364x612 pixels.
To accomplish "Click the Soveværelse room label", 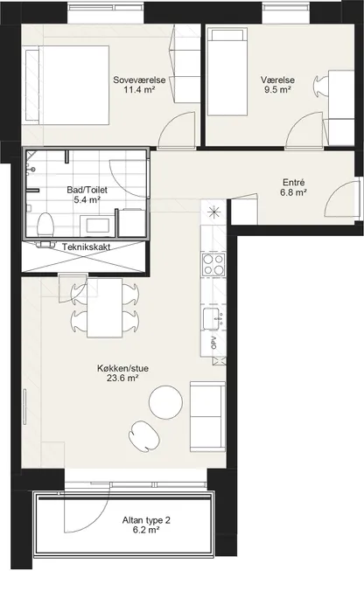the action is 139,80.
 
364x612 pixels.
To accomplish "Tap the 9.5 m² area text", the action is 277,90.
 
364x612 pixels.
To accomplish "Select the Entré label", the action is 293,183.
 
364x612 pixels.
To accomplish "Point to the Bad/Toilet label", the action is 87,191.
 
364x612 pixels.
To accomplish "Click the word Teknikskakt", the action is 87,247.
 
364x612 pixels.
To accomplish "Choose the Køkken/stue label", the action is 122,368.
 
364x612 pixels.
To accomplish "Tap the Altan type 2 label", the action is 146,520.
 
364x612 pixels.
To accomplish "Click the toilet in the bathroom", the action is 45,225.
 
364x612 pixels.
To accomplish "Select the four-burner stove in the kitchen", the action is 213,264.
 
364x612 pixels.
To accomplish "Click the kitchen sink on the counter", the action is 211,318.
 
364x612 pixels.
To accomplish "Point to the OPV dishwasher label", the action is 213,343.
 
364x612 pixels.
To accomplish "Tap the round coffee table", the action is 166,402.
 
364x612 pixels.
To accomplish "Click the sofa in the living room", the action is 207,417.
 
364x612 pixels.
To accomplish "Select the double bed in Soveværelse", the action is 66,85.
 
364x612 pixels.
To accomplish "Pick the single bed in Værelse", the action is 227,72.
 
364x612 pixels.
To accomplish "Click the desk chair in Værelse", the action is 321,85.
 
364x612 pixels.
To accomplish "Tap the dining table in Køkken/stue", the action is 105,308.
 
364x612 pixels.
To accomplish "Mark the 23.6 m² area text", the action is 122,378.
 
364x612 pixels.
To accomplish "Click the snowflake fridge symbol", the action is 214,212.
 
